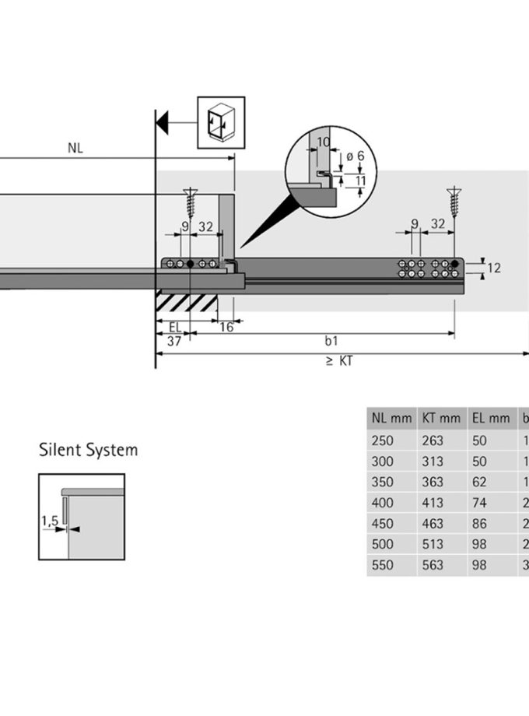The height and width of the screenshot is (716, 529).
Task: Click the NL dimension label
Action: tap(75, 148)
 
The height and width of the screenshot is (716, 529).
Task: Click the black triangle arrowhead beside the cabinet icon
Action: tap(163, 122)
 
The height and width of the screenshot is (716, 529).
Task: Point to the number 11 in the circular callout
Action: tap(359, 181)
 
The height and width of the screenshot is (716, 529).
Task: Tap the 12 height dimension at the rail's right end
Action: tap(493, 268)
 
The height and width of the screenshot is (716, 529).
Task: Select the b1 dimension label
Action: tap(331, 341)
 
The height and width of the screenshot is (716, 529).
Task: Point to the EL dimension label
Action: tap(175, 327)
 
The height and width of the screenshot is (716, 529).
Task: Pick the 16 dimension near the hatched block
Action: tap(226, 327)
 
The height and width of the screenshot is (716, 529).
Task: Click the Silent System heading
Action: tap(88, 450)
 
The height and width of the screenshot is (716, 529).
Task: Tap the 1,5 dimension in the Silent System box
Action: tap(51, 523)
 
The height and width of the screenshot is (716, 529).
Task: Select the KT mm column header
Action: tap(441, 418)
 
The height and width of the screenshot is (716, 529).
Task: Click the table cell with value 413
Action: tap(433, 503)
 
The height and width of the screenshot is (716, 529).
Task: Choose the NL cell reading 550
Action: tap(384, 565)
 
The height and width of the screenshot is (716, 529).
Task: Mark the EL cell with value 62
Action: tap(479, 482)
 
